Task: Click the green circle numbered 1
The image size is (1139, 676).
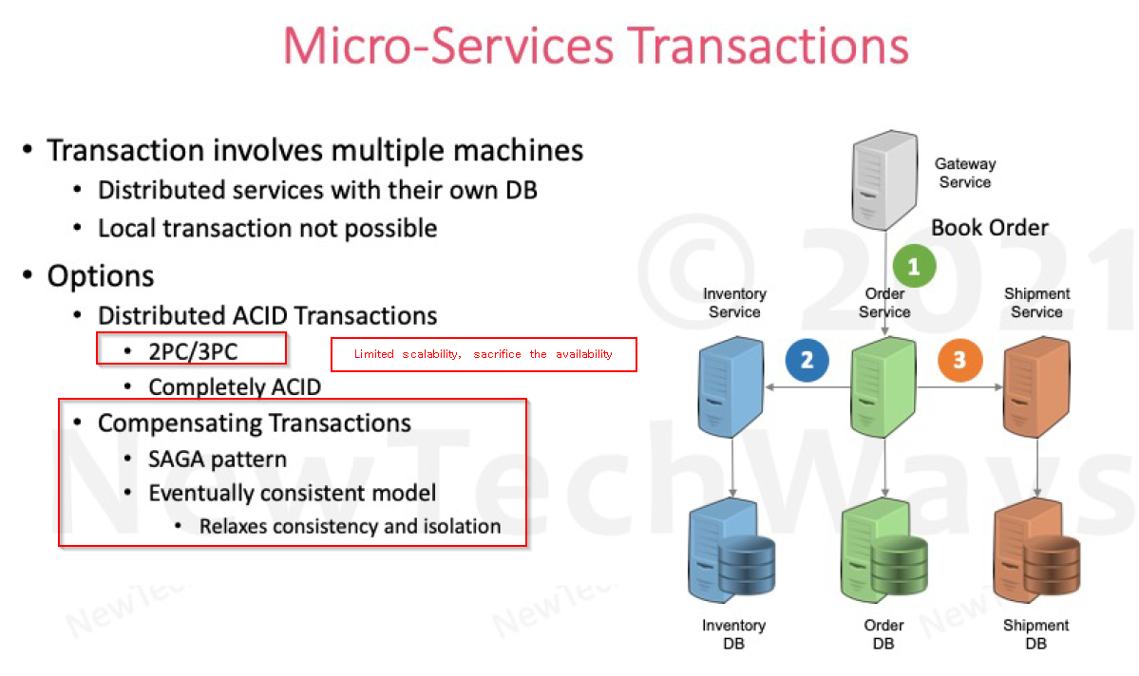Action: [x=914, y=267]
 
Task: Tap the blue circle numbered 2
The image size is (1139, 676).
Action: [x=807, y=360]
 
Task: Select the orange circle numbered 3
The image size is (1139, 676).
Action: [x=959, y=360]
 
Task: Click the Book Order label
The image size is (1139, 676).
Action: [x=990, y=228]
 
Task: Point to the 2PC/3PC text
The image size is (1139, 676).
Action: [x=193, y=351]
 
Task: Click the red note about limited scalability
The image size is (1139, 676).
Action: [x=483, y=354]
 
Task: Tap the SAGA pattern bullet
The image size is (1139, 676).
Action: [x=217, y=460]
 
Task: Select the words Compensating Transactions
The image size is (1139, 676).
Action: [x=254, y=422]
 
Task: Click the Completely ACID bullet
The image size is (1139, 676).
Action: [x=235, y=386]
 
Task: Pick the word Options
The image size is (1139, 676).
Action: [x=101, y=276]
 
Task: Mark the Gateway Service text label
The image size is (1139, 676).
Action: [x=965, y=173]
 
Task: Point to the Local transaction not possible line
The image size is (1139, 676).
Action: [x=267, y=229]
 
